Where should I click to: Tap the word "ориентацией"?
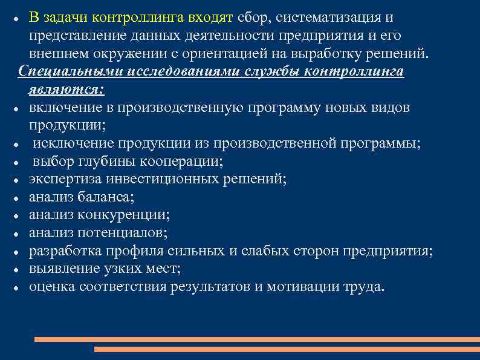(230, 53)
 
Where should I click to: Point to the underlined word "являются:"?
(66, 89)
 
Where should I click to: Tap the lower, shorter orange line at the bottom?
(287, 349)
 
